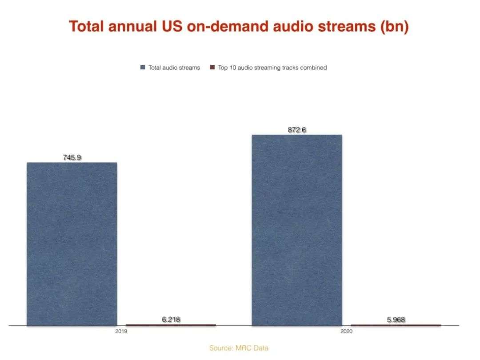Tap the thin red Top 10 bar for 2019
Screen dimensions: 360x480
171,325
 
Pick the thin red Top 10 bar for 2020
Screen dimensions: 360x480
396,325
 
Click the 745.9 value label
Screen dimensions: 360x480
72,157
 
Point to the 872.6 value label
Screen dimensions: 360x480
297,130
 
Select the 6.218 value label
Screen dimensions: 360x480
171,320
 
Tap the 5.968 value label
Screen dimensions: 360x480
396,320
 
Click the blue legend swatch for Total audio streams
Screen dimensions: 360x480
143,68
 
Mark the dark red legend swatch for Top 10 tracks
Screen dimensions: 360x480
212,68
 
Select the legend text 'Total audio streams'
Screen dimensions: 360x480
174,68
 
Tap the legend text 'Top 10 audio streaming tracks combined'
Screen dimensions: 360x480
272,68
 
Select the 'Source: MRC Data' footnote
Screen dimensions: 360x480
239,348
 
